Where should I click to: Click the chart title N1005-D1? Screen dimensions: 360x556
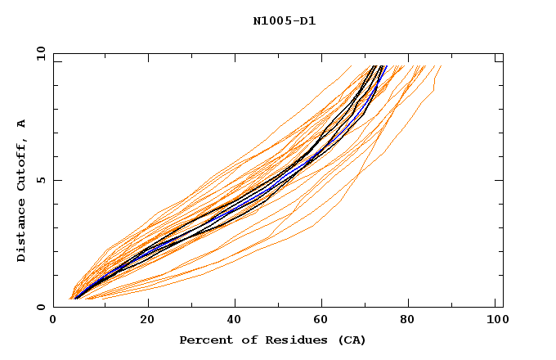coord(284,21)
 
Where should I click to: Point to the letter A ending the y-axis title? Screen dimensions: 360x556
coord(21,124)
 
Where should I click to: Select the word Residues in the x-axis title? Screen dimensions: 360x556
coord(291,340)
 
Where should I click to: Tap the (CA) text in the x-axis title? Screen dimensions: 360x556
coord(349,340)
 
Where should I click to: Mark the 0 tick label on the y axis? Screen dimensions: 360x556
coord(41,308)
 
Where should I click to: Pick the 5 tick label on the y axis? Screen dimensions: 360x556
coord(41,181)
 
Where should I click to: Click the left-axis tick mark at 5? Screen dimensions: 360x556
coord(56,181)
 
